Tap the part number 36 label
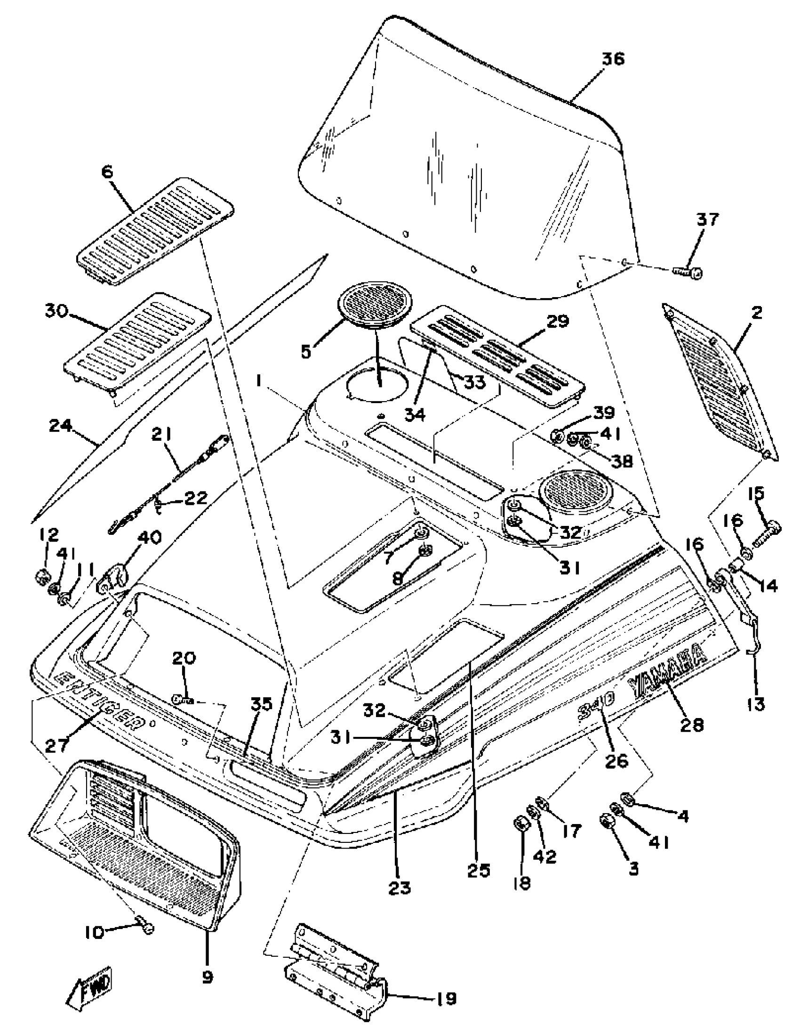[x=613, y=59]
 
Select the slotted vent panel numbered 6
[x=155, y=232]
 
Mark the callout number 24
[x=61, y=426]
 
